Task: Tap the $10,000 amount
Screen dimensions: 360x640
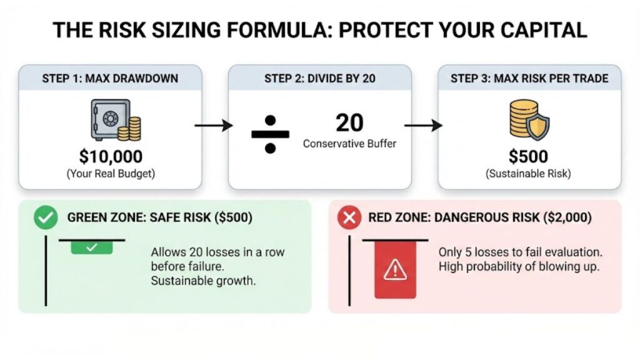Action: [x=110, y=156]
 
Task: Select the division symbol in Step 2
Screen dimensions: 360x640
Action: [x=269, y=133]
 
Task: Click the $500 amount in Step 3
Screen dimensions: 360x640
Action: [x=528, y=156]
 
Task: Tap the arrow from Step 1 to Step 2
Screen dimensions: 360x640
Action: [x=214, y=126]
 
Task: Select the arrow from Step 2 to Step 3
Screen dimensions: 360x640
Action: [x=423, y=126]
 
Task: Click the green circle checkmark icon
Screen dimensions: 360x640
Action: [x=43, y=218]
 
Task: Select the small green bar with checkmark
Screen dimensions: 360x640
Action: [x=91, y=247]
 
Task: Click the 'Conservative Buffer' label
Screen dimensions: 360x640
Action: [x=349, y=144]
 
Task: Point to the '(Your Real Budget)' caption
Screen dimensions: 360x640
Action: [x=110, y=174]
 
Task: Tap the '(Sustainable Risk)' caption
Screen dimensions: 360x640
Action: [x=528, y=174]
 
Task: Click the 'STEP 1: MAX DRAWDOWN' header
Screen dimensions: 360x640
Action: [x=110, y=79]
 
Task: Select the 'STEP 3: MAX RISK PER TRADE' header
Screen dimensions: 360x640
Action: [x=529, y=79]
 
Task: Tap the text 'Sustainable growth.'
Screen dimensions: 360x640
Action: [x=203, y=281]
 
